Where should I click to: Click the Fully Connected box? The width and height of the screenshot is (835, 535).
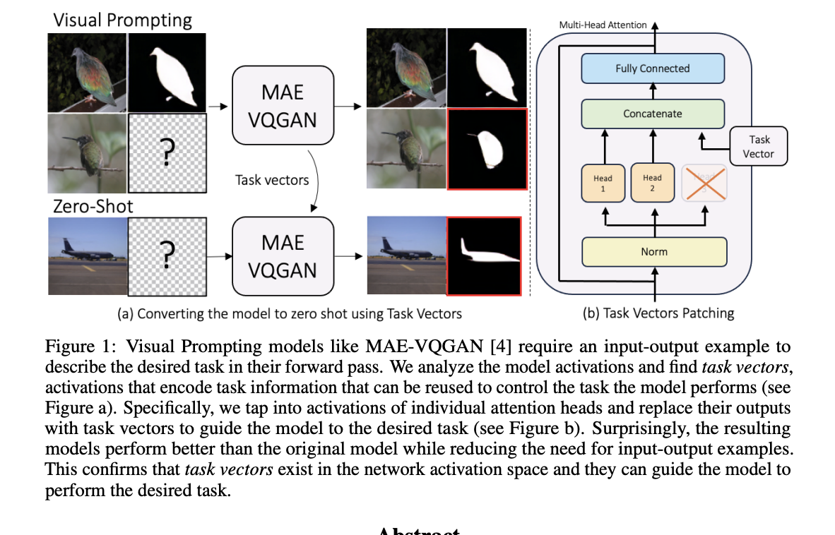652,68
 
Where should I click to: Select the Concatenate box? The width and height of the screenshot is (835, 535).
652,113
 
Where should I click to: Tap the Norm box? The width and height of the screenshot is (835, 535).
653,251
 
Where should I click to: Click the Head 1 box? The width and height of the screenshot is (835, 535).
603,183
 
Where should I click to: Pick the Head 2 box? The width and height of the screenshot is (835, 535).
652,183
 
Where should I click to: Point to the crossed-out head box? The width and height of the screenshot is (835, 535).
703,183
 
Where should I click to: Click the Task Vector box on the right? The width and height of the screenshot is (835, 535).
758,146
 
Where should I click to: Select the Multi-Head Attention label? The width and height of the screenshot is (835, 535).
603,25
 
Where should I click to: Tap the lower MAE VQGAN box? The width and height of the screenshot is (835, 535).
283,256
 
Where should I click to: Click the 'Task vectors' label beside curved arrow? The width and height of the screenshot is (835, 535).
272,180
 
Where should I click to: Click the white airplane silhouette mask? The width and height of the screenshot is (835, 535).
487,253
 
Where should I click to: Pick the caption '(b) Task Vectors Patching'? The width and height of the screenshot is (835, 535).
658,313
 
